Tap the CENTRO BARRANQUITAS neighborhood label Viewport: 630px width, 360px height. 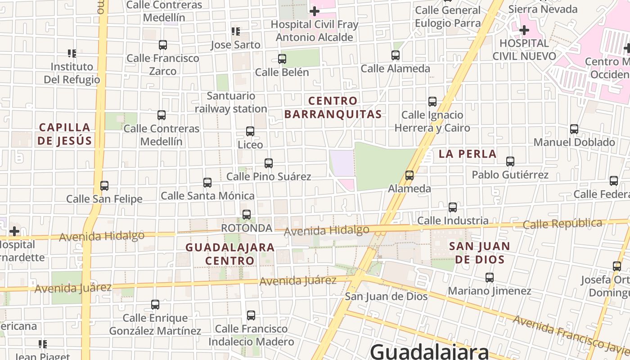[333, 108]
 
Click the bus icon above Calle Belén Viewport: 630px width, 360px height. [282, 59]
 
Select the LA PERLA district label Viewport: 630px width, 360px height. [468, 154]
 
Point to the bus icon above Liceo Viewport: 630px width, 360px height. [250, 131]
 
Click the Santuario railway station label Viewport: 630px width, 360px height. [231, 103]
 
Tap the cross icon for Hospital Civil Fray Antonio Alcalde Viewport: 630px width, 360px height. [315, 11]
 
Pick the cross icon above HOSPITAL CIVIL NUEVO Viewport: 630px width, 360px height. [524, 30]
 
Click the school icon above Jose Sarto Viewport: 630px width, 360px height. [235, 31]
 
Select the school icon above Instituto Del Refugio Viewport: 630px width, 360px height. [72, 54]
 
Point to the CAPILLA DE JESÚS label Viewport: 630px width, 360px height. [64, 134]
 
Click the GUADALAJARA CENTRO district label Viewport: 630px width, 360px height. [230, 254]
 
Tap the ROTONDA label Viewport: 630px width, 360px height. [247, 228]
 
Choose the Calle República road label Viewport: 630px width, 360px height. [562, 224]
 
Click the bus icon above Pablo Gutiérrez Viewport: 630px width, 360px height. [510, 162]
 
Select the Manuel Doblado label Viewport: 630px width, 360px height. [574, 142]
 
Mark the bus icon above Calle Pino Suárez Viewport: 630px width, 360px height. [269, 163]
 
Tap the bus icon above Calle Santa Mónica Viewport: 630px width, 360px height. [207, 183]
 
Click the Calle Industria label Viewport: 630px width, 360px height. [453, 220]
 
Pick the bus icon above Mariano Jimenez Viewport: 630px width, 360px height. [490, 278]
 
